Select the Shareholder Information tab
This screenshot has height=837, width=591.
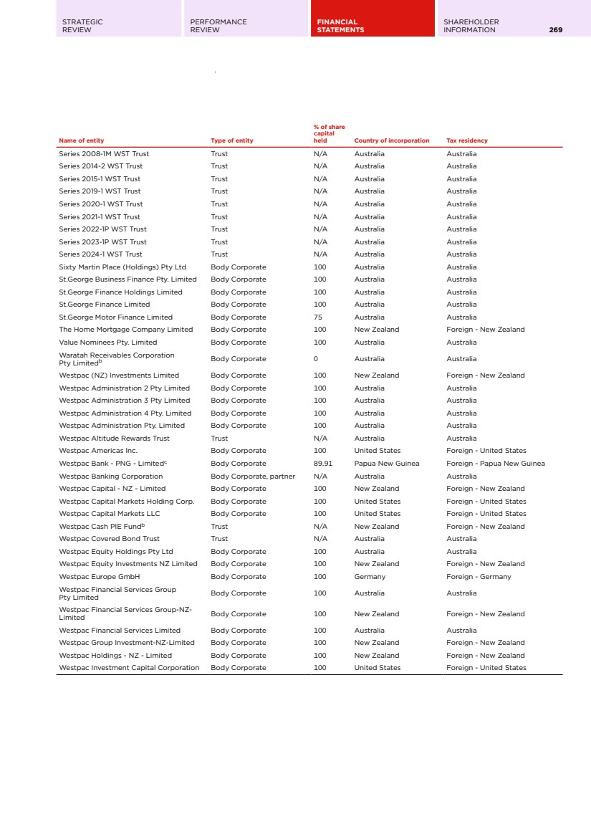tap(471, 26)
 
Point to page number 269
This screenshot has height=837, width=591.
tap(555, 30)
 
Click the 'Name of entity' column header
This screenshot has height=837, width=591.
tap(81, 140)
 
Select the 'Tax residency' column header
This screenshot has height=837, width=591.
tap(466, 140)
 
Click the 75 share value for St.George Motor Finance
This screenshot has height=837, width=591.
tap(318, 317)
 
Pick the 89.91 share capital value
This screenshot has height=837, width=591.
tap(323, 464)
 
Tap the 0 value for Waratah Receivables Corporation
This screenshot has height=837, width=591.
tap(316, 359)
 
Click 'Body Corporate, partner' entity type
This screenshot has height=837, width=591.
tap(253, 476)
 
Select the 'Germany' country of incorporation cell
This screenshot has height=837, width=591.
tap(370, 577)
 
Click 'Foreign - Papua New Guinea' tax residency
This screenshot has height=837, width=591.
tap(495, 464)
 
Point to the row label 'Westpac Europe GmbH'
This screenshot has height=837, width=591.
tap(99, 577)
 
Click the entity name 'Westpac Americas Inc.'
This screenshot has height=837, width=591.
tap(97, 451)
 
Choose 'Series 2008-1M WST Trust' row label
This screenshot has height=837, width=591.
tap(104, 154)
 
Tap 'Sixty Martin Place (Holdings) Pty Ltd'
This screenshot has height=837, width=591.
tap(122, 267)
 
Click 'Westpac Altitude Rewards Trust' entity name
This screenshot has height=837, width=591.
tap(114, 439)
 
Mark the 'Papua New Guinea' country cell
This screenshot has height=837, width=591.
tap(387, 464)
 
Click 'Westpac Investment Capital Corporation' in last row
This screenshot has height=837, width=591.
tap(129, 668)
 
